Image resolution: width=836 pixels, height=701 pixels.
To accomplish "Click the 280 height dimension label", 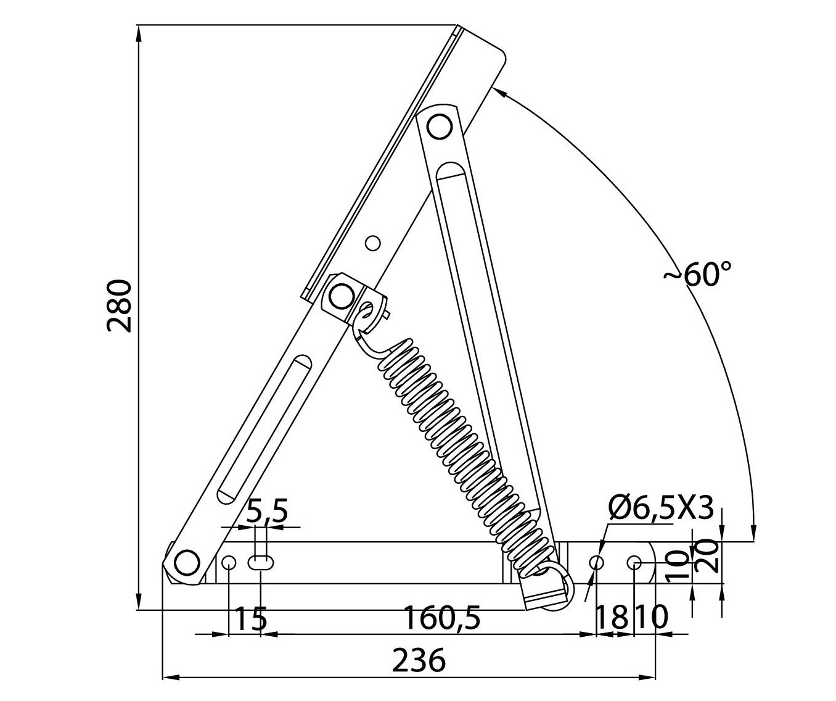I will click(x=119, y=306).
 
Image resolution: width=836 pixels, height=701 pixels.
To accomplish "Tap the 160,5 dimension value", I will click(x=441, y=618).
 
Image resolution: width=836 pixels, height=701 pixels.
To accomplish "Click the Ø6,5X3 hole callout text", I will click(x=660, y=508).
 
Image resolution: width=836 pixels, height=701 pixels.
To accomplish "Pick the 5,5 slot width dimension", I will click(x=267, y=512).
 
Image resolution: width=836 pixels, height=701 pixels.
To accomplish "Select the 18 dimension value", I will click(x=610, y=618).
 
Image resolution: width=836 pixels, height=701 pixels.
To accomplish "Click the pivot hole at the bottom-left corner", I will click(x=187, y=562).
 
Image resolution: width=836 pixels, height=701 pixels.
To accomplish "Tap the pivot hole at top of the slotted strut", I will click(x=439, y=127).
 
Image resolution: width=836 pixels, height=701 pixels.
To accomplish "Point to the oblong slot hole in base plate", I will click(x=261, y=562).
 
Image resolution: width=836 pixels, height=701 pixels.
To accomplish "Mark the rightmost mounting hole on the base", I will click(x=634, y=562).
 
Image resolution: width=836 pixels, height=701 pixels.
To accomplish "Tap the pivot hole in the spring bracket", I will click(x=339, y=297).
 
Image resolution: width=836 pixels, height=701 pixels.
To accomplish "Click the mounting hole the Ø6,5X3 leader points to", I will click(x=597, y=562).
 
